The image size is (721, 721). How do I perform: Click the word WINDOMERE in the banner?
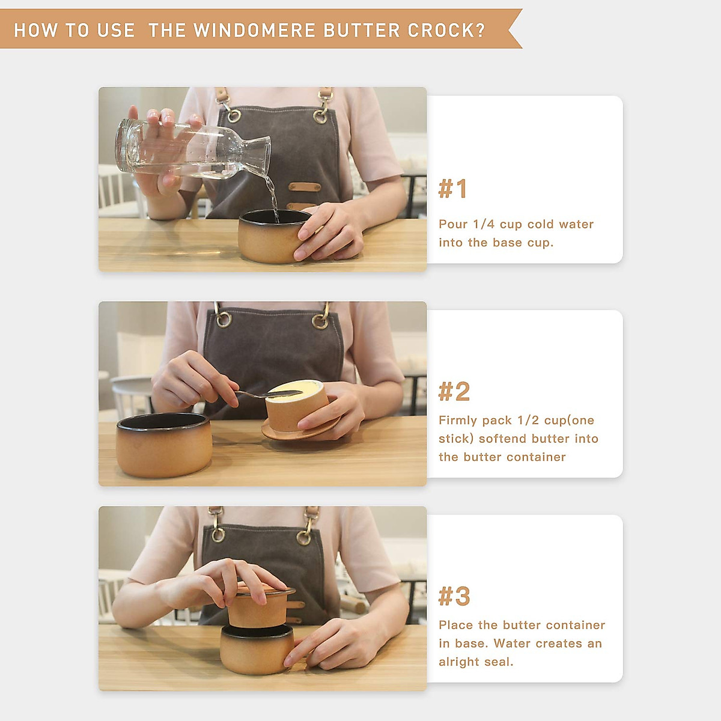click(x=254, y=30)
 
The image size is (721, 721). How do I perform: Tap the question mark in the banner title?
click(x=481, y=30)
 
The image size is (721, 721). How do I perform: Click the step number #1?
click(x=453, y=189)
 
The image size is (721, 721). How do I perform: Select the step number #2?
click(x=454, y=391)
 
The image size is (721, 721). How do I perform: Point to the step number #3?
click(x=454, y=596)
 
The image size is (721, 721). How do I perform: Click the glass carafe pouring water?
click(x=193, y=150)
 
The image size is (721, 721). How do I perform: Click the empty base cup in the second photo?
click(x=164, y=445)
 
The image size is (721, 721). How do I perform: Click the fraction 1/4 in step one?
click(x=484, y=224)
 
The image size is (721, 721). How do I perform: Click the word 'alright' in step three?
click(x=458, y=662)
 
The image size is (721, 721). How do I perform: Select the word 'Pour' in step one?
click(x=453, y=224)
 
